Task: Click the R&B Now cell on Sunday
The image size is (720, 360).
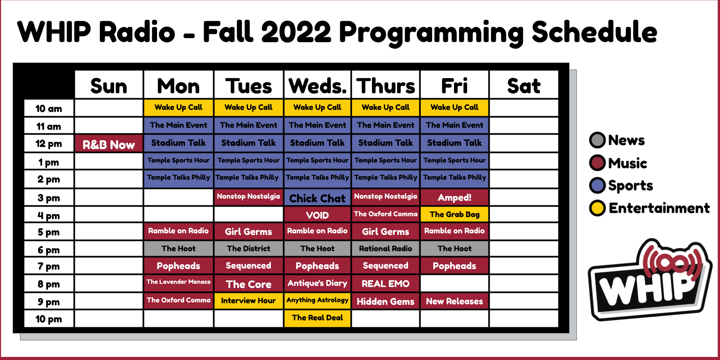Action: (x=109, y=144)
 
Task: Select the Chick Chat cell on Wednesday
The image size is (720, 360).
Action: (x=317, y=198)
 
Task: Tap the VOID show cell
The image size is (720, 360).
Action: (x=317, y=215)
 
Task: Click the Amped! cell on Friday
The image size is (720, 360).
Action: (x=454, y=198)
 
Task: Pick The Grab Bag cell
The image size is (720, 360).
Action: (x=454, y=214)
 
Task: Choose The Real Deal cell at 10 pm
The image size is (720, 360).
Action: (x=317, y=318)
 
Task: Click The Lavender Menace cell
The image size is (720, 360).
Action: (x=178, y=282)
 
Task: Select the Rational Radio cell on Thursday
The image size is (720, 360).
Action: (x=386, y=248)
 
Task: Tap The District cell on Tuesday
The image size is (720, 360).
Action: (x=248, y=248)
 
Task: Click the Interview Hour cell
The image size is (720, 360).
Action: (x=248, y=301)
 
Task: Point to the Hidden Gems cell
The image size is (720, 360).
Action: (x=386, y=301)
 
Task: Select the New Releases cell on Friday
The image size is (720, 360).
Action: (x=454, y=301)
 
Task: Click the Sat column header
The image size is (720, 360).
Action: (x=524, y=86)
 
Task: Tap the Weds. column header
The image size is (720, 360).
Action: (x=317, y=86)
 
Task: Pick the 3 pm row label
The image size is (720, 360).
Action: (x=49, y=198)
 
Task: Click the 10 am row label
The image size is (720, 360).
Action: (x=49, y=108)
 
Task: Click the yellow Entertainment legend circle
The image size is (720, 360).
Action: (x=597, y=208)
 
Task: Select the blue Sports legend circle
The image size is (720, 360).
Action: (x=597, y=185)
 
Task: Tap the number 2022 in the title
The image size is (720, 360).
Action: (x=296, y=32)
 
